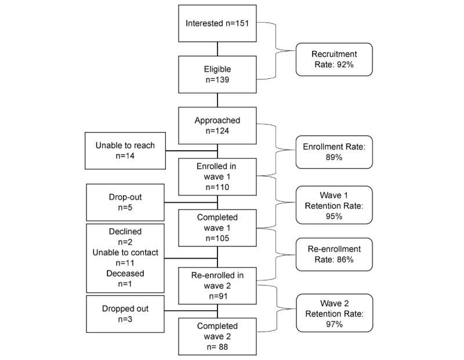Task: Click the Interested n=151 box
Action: pyautogui.click(x=217, y=23)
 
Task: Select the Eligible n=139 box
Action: pyautogui.click(x=217, y=74)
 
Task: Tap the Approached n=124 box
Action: pyautogui.click(x=217, y=125)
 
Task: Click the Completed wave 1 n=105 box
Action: pyautogui.click(x=217, y=226)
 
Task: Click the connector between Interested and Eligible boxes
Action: pyautogui.click(x=217, y=49)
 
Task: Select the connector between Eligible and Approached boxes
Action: pyautogui.click(x=217, y=100)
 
